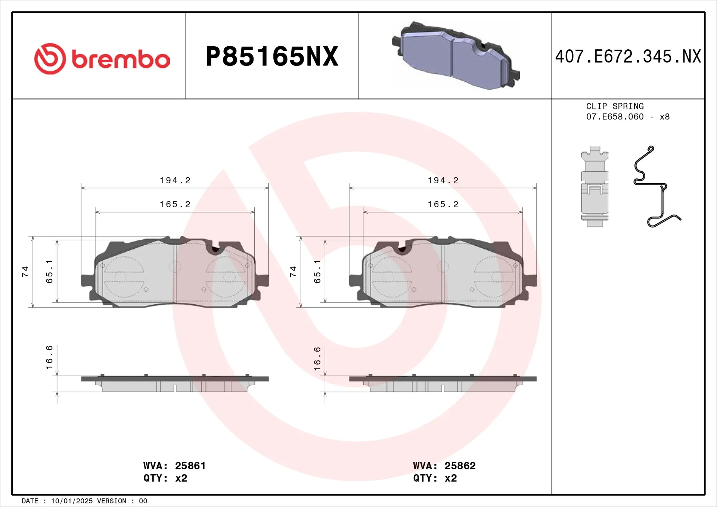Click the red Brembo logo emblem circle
click(50, 59)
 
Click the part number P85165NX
click(272, 57)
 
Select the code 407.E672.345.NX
click(628, 57)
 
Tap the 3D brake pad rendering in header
click(456, 56)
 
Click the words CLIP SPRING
click(615, 106)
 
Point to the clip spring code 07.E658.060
click(615, 117)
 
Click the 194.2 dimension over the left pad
click(175, 180)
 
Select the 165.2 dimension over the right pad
click(443, 204)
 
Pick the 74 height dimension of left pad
click(25, 271)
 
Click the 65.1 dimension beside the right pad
click(317, 271)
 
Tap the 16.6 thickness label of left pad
click(49, 357)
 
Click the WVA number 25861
click(190, 466)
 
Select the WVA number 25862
click(460, 466)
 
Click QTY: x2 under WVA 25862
click(435, 478)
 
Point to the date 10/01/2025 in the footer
click(72, 501)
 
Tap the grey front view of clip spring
click(595, 187)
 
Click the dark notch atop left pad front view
click(215, 249)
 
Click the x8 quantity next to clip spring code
click(664, 117)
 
